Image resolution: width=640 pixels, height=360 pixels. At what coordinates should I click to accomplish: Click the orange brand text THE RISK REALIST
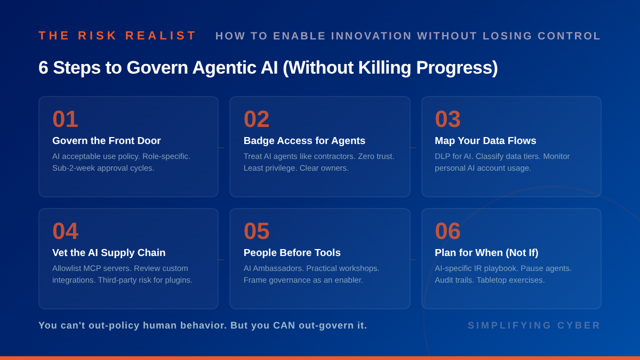(x=117, y=36)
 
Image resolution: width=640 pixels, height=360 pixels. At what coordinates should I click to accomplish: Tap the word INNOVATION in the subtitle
(x=371, y=36)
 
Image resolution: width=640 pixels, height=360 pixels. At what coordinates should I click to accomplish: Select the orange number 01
(x=65, y=119)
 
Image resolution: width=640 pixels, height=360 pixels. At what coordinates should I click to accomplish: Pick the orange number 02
(x=257, y=119)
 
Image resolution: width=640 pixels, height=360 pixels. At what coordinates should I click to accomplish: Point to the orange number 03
(x=447, y=119)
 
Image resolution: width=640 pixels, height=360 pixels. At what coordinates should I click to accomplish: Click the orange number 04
(x=65, y=231)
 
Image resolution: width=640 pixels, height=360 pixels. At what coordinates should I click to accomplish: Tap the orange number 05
(x=257, y=231)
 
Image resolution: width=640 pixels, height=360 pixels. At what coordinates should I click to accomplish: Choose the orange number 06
(x=447, y=231)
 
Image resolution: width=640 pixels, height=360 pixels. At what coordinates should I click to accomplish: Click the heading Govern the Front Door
(x=107, y=141)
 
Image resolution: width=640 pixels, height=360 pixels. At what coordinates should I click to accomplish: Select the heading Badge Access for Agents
(x=305, y=141)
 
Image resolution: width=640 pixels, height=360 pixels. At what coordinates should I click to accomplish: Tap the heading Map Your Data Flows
(x=485, y=141)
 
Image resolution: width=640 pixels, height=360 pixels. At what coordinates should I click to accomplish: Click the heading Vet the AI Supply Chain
(x=109, y=253)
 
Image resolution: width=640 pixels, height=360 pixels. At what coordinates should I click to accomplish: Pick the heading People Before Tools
(x=292, y=253)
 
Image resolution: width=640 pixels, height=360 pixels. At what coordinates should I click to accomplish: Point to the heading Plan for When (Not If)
(x=486, y=253)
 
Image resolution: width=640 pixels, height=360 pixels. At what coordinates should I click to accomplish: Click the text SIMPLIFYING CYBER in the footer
(x=534, y=325)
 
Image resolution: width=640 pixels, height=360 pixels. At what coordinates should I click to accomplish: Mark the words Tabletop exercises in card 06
(x=510, y=280)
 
